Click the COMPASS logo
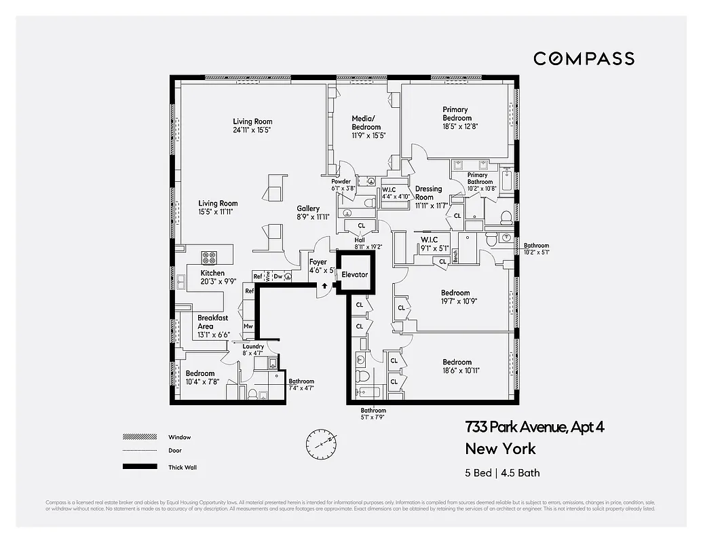pyautogui.click(x=584, y=58)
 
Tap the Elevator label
pyautogui.click(x=354, y=275)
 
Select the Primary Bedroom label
pyautogui.click(x=455, y=113)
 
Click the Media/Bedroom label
pyautogui.click(x=366, y=123)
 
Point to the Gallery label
pyautogui.click(x=308, y=208)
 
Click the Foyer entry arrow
pyautogui.click(x=324, y=285)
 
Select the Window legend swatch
pyautogui.click(x=135, y=437)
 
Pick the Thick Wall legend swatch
pyautogui.click(x=135, y=467)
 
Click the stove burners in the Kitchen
pyautogui.click(x=209, y=257)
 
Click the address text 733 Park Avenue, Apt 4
pyautogui.click(x=534, y=427)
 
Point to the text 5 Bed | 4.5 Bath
pyautogui.click(x=502, y=473)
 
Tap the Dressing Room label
pyautogui.click(x=428, y=193)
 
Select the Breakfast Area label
pyautogui.click(x=212, y=322)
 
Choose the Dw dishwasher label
pyautogui.click(x=278, y=276)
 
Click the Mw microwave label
pyautogui.click(x=248, y=326)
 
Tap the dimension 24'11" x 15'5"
pyautogui.click(x=252, y=130)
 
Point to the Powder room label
pyautogui.click(x=341, y=182)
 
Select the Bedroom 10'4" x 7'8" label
pyautogui.click(x=200, y=373)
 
